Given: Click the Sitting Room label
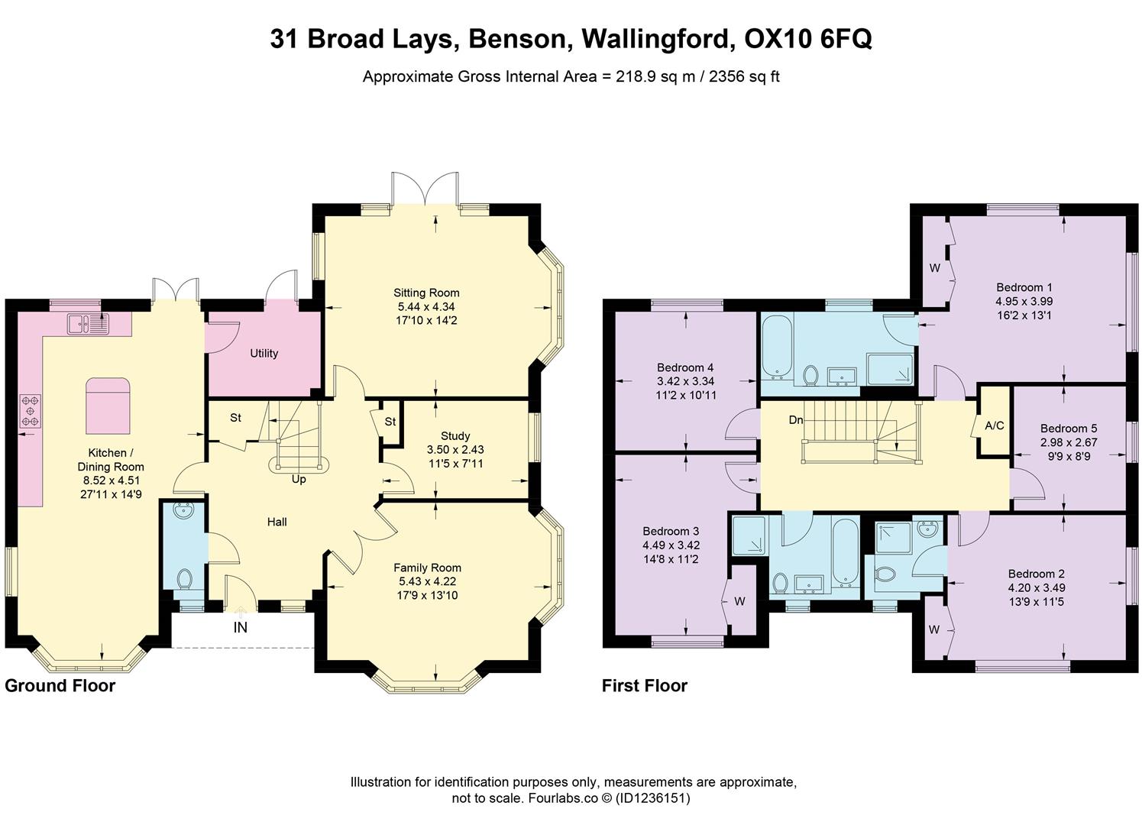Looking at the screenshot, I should (x=426, y=293).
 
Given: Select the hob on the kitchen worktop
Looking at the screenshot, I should (x=31, y=410).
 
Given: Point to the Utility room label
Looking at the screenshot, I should (x=264, y=354).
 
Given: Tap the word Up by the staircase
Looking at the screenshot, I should (x=299, y=480).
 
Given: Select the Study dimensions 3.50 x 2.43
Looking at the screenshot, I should (x=455, y=450).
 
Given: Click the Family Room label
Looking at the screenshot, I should (x=427, y=568).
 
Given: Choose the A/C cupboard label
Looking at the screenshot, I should (x=994, y=425).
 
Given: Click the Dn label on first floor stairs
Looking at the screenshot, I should (x=796, y=420).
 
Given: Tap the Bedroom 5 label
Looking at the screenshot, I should (x=1068, y=429).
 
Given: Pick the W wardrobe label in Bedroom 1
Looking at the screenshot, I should (x=934, y=268).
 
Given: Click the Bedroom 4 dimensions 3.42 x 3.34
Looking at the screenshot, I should (x=685, y=381).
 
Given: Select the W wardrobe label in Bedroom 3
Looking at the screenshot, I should (x=739, y=601).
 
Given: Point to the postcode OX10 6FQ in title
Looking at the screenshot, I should (x=808, y=38).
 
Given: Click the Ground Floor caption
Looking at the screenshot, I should (x=60, y=685).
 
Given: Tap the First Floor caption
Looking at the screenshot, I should (x=644, y=685).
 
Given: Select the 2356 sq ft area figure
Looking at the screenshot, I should (x=744, y=76).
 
